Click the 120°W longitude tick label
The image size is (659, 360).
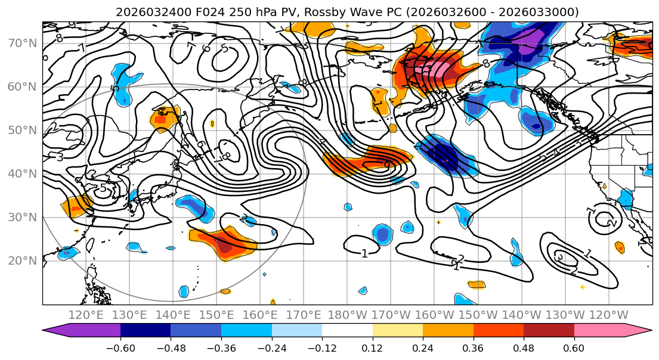point(608,315)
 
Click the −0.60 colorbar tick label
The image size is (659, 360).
point(120,347)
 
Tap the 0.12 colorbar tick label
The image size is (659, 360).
point(373,347)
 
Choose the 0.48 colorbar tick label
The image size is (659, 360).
point(524,347)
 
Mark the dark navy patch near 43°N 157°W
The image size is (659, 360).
point(445,158)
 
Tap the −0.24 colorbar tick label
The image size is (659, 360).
point(272,347)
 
